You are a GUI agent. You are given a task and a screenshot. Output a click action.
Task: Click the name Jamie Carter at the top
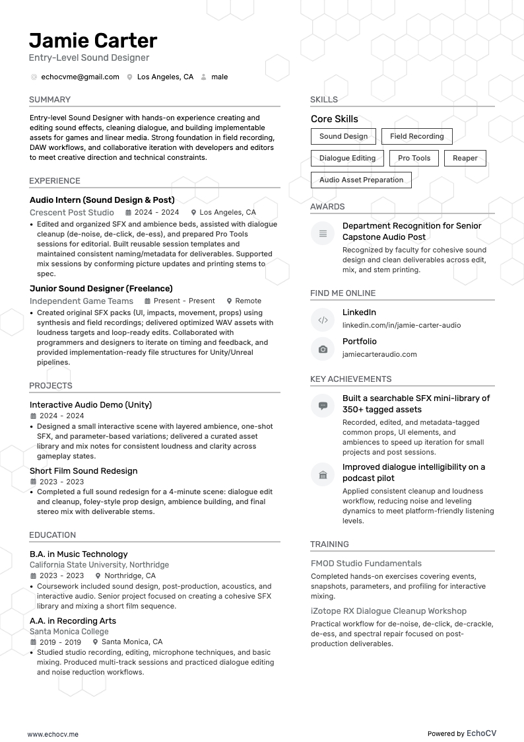(x=93, y=41)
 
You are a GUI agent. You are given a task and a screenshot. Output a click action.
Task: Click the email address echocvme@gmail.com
(x=80, y=77)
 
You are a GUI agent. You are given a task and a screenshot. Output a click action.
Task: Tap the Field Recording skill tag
(x=416, y=137)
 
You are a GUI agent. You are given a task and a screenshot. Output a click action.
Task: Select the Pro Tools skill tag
(x=414, y=159)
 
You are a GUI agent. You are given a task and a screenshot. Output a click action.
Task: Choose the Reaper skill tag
(x=465, y=159)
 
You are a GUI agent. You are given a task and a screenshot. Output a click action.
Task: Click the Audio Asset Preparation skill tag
(x=361, y=180)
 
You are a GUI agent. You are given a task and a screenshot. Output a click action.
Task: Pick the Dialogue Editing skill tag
(x=347, y=159)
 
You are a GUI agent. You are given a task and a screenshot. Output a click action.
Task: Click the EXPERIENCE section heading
(x=55, y=181)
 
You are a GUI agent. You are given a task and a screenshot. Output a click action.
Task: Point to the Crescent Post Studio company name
(x=72, y=213)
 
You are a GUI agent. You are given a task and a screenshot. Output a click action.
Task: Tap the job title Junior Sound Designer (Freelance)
(x=101, y=289)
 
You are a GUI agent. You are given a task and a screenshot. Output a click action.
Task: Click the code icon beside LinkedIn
(x=323, y=320)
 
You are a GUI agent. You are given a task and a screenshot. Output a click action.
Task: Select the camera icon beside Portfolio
(x=323, y=350)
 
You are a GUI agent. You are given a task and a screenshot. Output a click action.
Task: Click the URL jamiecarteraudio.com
(x=379, y=354)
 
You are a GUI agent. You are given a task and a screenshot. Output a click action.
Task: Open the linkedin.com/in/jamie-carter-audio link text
(x=401, y=325)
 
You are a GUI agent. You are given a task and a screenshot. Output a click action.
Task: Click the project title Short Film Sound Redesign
(x=84, y=471)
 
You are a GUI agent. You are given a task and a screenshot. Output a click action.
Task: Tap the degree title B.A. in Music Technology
(x=79, y=554)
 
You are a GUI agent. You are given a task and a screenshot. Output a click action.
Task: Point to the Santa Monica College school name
(x=69, y=632)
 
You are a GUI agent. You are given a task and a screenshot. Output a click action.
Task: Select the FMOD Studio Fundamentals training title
(x=366, y=564)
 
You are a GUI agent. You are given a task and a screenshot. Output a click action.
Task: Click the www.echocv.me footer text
(x=53, y=734)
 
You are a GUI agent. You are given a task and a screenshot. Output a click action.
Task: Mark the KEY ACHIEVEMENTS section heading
(x=350, y=379)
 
